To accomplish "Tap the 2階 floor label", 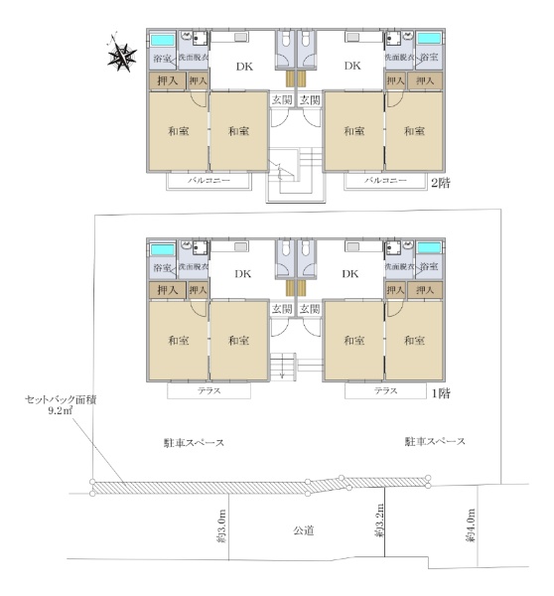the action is tap(440, 184).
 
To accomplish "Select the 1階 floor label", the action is tap(441, 393).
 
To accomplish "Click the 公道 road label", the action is tap(303, 530).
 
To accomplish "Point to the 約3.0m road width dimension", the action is tap(221, 526).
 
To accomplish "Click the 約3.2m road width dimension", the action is tap(378, 521).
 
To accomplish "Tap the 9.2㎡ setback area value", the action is tap(61, 410).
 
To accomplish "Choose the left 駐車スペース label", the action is tap(194, 443).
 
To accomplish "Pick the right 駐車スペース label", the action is tap(435, 441).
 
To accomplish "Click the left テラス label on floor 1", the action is tap(208, 390).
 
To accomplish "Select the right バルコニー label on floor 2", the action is tap(385, 180).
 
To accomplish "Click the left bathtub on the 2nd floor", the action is tap(163, 40).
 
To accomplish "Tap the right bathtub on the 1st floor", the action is tap(429, 248).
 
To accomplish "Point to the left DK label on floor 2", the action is tap(244, 67).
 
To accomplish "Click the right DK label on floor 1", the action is tap(349, 274).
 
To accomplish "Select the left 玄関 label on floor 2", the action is tap(282, 100).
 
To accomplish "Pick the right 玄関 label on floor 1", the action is tap(310, 309).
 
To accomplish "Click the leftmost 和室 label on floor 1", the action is tap(178, 340).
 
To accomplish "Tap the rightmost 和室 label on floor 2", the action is tap(414, 131).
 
